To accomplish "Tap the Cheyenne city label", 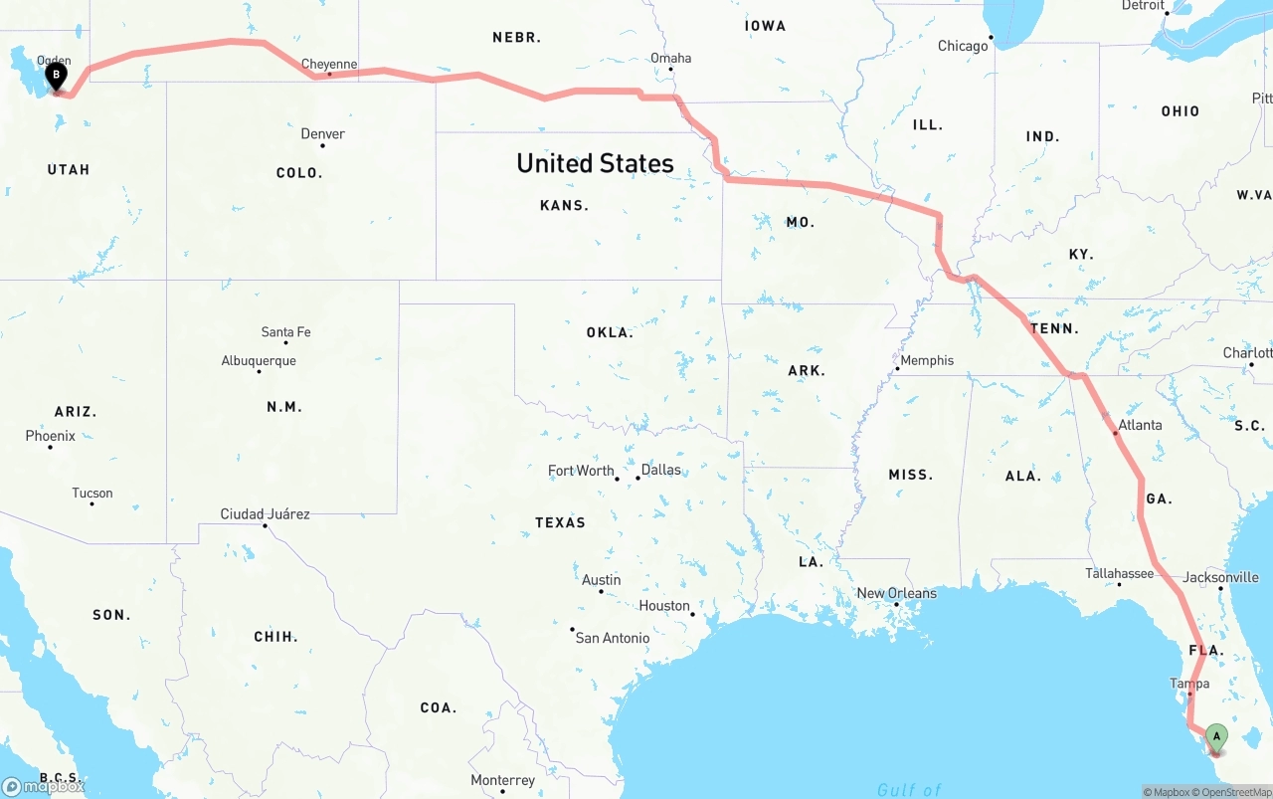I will point(328,65).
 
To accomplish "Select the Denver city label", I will point(323,134).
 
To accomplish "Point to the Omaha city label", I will point(670,59).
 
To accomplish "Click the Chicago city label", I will point(963,46).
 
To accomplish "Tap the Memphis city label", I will point(927,361).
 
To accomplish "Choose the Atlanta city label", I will point(1140,425).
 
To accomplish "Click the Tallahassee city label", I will point(1119,573).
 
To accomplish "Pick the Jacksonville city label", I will point(1220,577).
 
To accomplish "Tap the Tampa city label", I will point(1189,684).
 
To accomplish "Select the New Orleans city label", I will point(896,593).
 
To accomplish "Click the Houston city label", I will point(664,606).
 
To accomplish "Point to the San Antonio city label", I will point(613,638).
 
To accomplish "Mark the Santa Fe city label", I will point(285,332).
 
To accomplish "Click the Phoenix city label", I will point(51,436).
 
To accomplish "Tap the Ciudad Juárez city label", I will point(265,514).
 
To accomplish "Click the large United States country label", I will point(595,163).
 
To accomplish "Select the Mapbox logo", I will point(44,786).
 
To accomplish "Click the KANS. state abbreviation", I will point(564,206).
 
